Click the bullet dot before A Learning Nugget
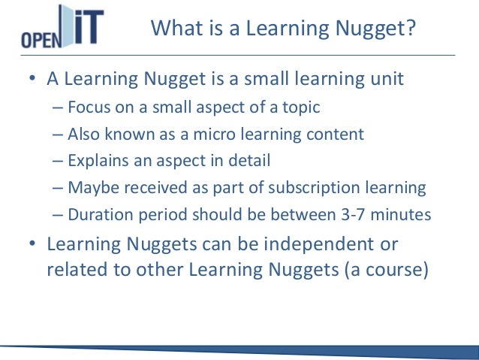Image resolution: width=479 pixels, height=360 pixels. pos(33,80)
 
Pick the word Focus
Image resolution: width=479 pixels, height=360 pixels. pos(89,107)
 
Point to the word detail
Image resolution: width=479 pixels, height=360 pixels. pos(246,161)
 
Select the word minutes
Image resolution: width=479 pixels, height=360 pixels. pos(402,215)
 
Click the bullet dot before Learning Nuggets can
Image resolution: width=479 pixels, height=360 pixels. pos(33,245)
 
